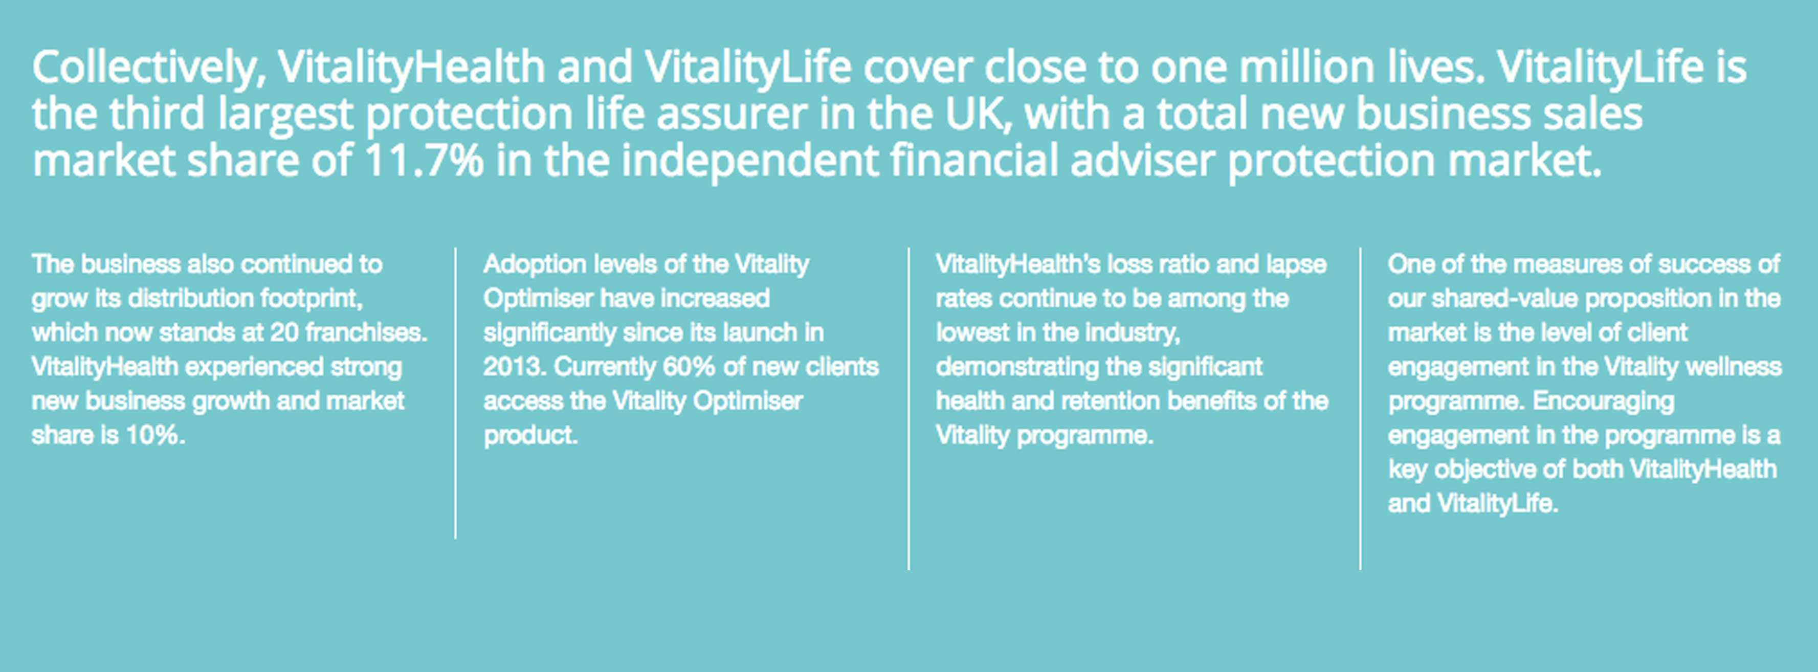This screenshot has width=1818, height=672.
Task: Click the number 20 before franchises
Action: click(x=284, y=332)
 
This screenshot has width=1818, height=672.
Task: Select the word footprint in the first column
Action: click(x=312, y=299)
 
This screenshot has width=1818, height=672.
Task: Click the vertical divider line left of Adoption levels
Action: click(x=456, y=393)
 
